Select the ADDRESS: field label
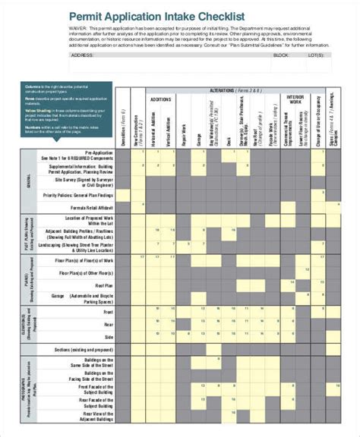tap(83, 55)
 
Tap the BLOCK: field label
tap(281, 55)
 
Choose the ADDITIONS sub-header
tap(160, 99)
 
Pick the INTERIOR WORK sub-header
tap(295, 99)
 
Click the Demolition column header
tap(124, 129)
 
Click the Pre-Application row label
tap(98, 154)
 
